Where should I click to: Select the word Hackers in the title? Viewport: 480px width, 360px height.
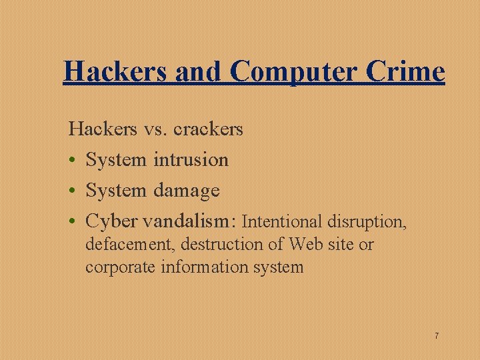[115, 72]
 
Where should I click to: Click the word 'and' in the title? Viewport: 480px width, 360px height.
[198, 72]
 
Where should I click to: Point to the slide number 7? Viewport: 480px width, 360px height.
[437, 335]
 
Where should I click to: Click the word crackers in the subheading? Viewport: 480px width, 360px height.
[208, 129]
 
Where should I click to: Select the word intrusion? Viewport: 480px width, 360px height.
[191, 160]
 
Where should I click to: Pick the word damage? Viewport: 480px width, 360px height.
[186, 191]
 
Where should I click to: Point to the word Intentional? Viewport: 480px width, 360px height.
[282, 221]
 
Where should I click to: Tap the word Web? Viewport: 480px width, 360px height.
[305, 245]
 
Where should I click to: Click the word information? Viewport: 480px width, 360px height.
[197, 268]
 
